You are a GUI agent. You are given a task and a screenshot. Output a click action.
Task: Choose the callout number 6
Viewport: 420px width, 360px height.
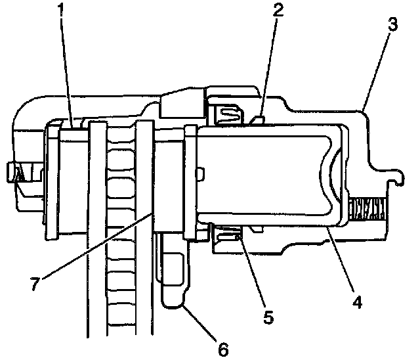pyautogui.click(x=223, y=348)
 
